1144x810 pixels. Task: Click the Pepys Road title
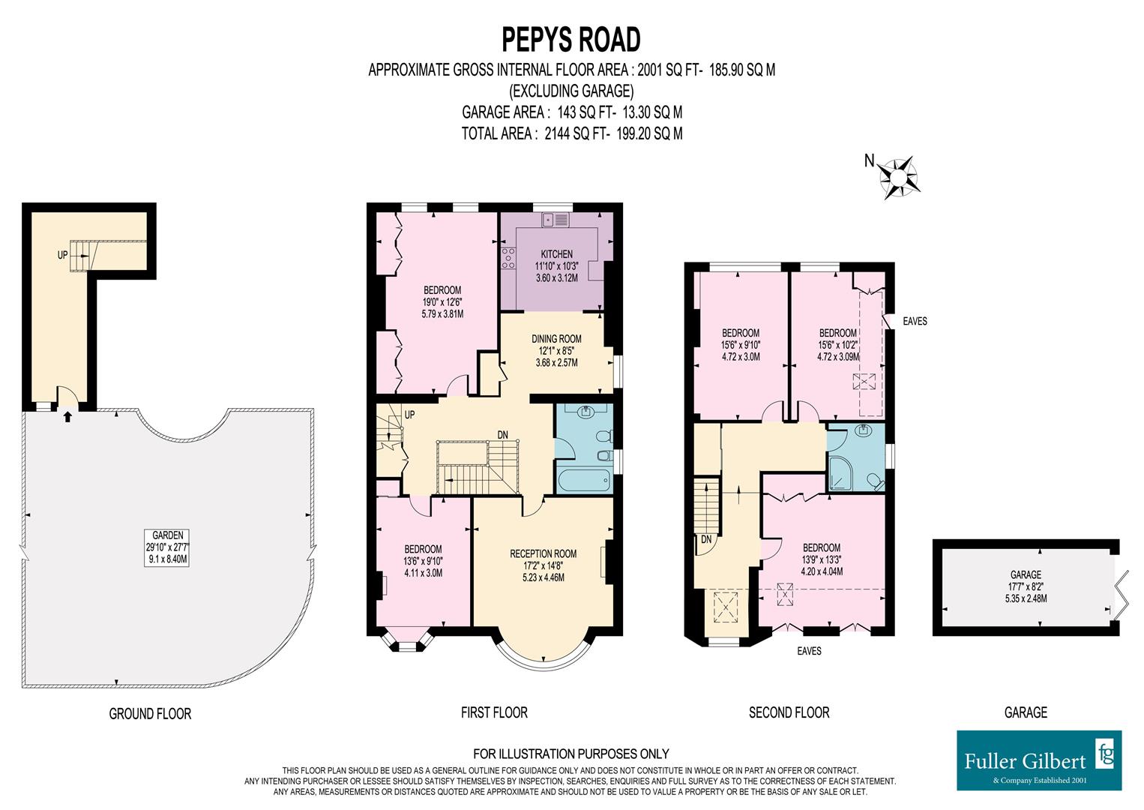click(571, 38)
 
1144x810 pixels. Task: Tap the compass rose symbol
click(897, 177)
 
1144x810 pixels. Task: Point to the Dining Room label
click(556, 350)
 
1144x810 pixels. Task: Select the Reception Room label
click(543, 565)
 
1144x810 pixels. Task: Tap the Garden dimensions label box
click(168, 547)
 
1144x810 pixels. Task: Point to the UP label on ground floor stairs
click(62, 255)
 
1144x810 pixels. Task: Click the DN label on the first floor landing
click(504, 434)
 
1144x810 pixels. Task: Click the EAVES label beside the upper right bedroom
click(915, 321)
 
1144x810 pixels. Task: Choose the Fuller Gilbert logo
click(1039, 760)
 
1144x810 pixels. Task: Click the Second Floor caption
click(789, 712)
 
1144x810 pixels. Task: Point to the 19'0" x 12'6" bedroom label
click(442, 302)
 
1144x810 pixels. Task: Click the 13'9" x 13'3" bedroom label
click(821, 559)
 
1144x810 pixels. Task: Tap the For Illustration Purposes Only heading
click(571, 754)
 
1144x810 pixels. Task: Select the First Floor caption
click(494, 712)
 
